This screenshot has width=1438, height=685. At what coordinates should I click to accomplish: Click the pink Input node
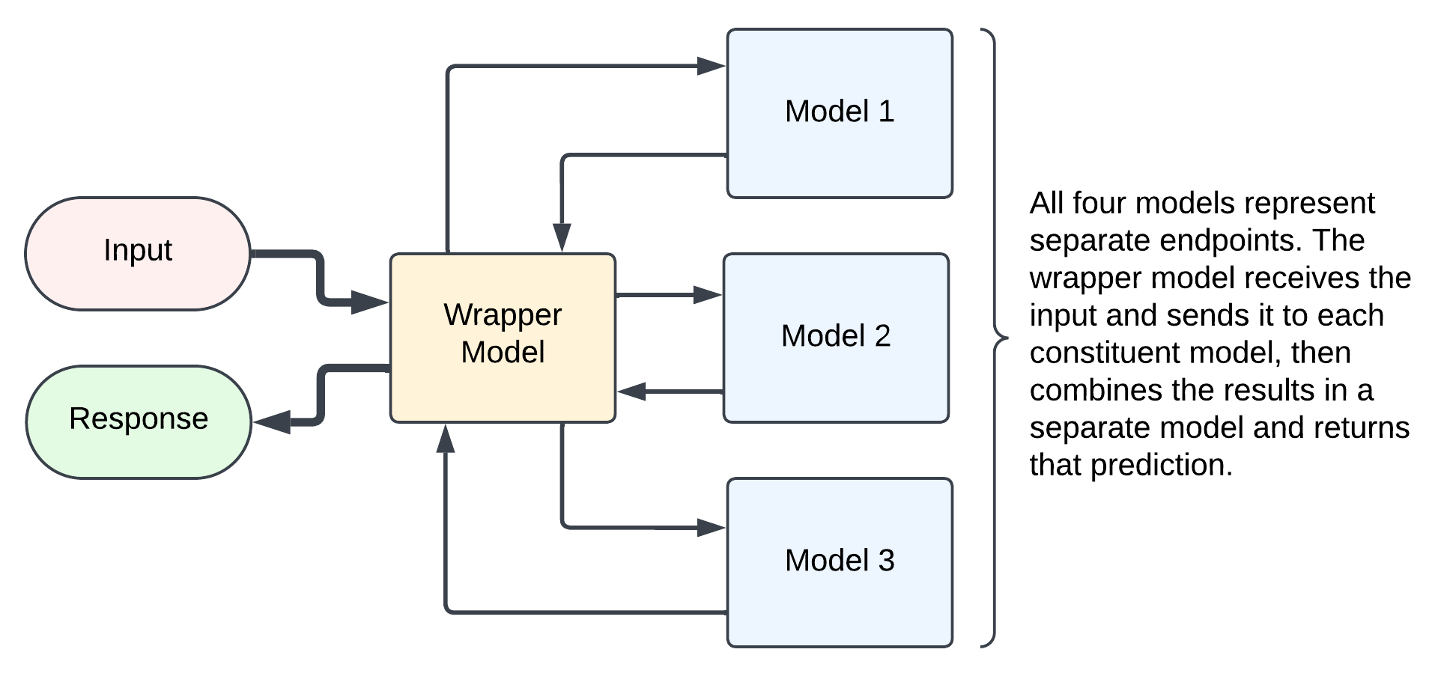tap(138, 253)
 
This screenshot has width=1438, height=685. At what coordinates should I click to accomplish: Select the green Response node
tap(139, 421)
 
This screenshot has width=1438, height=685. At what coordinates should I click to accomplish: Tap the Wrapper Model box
tap(503, 338)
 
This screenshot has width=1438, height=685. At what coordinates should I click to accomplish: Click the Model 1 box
tap(840, 113)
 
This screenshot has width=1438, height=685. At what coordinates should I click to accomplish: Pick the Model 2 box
tap(836, 338)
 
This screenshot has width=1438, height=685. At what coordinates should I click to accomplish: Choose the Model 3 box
tap(840, 562)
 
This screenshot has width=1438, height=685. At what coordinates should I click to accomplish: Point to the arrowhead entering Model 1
tap(712, 66)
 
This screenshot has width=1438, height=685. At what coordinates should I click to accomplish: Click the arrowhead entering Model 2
tap(708, 295)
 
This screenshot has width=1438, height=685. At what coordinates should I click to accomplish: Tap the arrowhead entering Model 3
tap(712, 528)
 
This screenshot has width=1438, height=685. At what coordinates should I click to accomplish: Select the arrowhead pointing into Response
tap(271, 422)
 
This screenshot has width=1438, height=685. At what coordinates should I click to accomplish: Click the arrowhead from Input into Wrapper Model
tap(370, 302)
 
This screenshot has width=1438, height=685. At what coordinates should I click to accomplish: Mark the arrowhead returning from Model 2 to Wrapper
tap(632, 391)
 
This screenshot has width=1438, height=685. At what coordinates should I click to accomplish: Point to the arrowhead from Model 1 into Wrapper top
tap(562, 238)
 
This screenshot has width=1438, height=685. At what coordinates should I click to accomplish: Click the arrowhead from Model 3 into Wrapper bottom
tap(446, 439)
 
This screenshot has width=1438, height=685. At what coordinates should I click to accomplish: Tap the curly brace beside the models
tap(995, 338)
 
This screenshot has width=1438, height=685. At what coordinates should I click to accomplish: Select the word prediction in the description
tap(1162, 466)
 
